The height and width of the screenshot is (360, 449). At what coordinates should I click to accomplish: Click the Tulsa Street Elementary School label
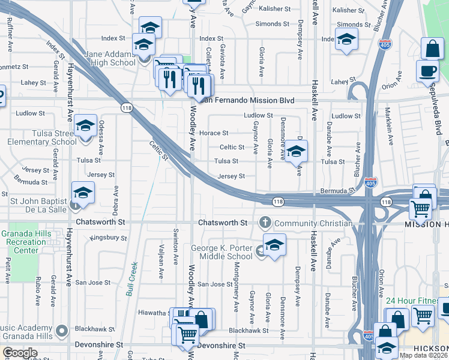point(42,137)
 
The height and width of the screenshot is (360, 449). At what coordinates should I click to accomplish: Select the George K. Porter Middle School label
point(221,252)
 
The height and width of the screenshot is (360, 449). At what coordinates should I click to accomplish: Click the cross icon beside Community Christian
point(264,223)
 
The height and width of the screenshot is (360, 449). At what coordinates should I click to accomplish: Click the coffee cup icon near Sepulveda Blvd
point(428,70)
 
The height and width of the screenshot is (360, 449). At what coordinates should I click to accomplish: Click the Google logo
point(20,353)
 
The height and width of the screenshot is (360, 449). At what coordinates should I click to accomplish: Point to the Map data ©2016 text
point(423,355)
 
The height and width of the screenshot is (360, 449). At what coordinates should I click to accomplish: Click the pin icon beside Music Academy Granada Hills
point(61,330)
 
